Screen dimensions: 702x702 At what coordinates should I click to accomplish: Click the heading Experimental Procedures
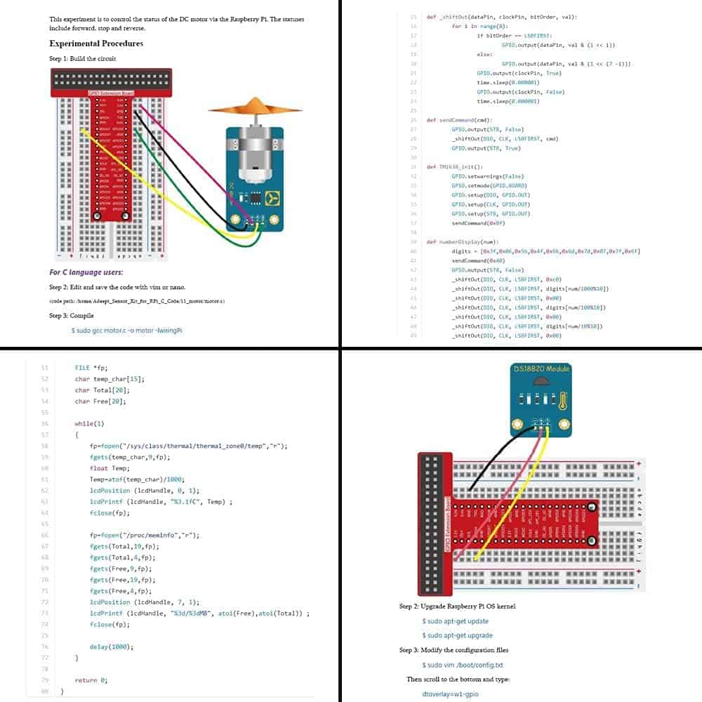(x=96, y=44)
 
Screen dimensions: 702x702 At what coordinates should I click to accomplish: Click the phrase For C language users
(x=86, y=272)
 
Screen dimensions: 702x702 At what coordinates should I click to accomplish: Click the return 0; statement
(x=91, y=680)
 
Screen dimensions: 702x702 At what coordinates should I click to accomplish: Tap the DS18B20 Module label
(x=541, y=368)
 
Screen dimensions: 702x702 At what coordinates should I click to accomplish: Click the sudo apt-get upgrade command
(x=457, y=635)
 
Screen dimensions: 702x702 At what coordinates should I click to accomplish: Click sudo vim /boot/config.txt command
(x=462, y=665)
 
